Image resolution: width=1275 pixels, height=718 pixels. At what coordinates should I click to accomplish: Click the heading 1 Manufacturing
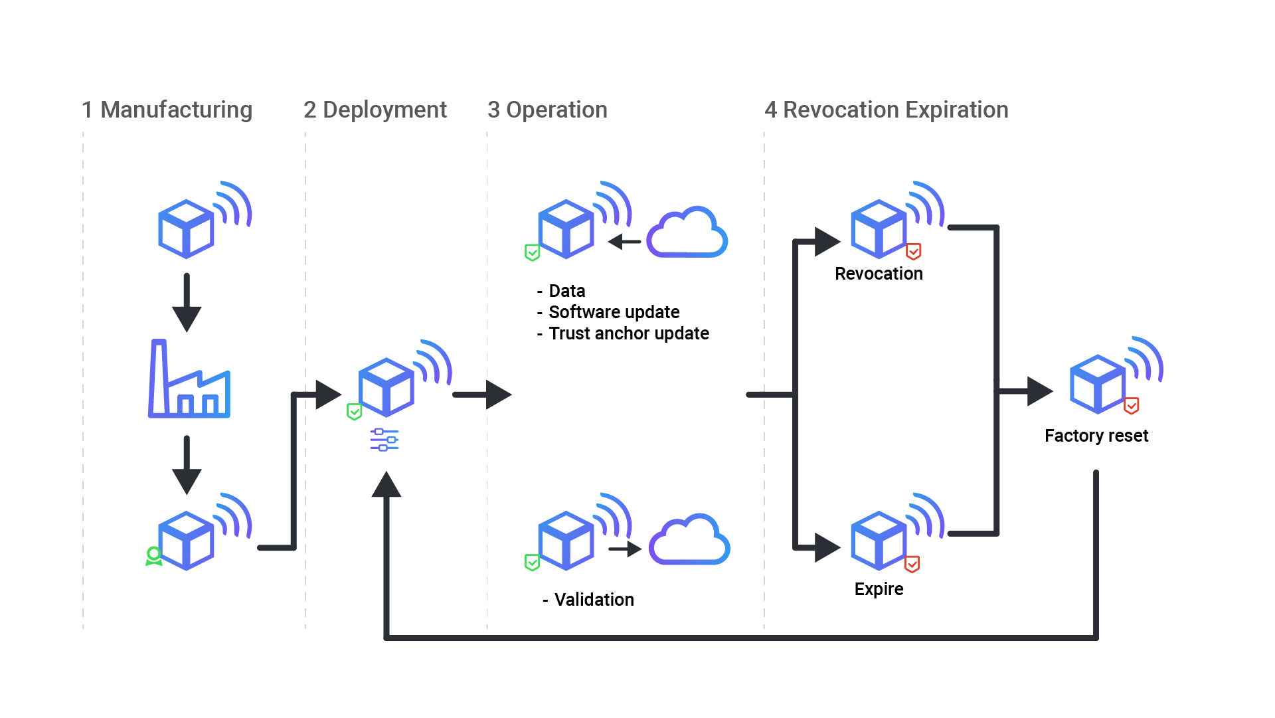[167, 110]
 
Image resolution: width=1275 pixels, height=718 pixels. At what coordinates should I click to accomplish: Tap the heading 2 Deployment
[375, 110]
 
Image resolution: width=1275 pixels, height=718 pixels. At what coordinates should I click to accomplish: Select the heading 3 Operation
[547, 110]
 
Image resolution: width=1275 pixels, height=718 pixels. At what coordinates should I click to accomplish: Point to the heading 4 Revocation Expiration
[886, 110]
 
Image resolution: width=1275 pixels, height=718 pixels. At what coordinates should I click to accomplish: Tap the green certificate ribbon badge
[153, 556]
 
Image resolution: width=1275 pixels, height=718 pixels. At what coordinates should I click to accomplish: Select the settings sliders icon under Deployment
[384, 440]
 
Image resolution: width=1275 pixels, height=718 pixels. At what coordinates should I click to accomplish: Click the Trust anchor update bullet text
[628, 333]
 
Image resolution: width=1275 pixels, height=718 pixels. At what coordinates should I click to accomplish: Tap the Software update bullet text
[614, 312]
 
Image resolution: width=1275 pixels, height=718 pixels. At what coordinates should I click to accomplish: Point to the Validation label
[593, 600]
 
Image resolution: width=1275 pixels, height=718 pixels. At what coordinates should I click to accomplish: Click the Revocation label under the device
[879, 274]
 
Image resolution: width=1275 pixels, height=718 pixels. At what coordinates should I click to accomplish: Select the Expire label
[879, 589]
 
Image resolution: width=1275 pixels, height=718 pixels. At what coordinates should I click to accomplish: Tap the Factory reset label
[1096, 436]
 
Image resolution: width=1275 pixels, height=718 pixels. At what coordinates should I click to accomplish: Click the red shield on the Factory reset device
[1132, 405]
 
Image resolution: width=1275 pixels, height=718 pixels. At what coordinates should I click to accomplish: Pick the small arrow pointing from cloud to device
[624, 242]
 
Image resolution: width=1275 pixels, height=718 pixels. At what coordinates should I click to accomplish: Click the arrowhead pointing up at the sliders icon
[386, 485]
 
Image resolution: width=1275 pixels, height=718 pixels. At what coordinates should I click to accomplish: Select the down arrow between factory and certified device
[187, 465]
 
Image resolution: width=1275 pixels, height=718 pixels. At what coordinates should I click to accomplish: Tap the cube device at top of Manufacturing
[186, 228]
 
